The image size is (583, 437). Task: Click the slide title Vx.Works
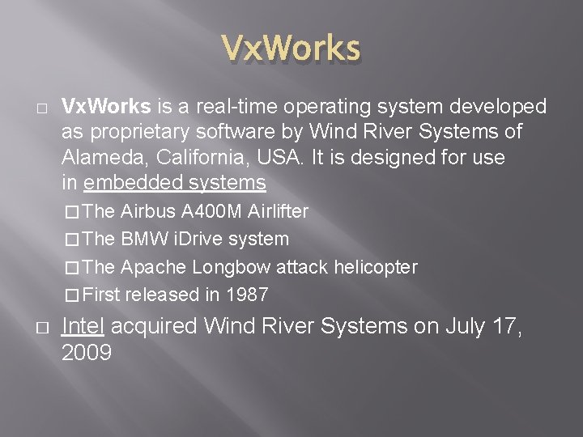click(291, 49)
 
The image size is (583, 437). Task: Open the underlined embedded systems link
click(174, 183)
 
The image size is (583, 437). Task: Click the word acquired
click(155, 326)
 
